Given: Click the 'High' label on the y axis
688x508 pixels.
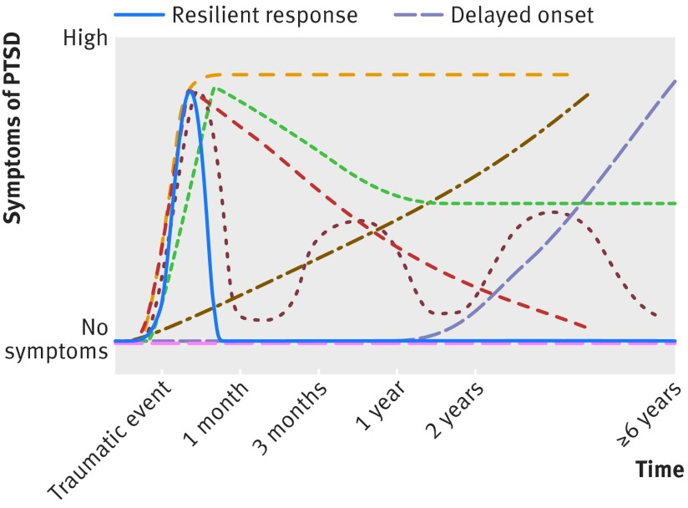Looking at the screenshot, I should click(87, 39).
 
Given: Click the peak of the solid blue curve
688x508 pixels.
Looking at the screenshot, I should click(190, 91).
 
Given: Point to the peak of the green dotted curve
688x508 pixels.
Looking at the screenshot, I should click(215, 88).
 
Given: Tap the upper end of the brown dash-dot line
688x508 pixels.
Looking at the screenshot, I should click(589, 94).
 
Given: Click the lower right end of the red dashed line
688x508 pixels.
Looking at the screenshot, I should click(587, 327).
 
